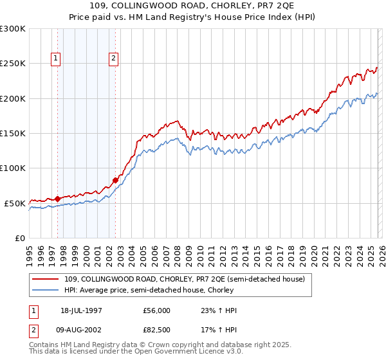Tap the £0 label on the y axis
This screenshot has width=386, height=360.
coord(19,238)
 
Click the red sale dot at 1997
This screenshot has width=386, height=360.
coord(58,199)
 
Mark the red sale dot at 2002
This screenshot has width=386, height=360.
coord(116,181)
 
